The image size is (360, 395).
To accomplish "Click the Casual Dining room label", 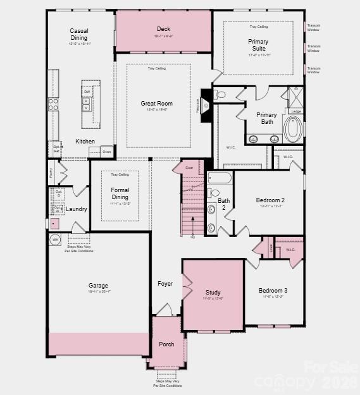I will [79, 34].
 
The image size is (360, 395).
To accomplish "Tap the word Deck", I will [163, 29].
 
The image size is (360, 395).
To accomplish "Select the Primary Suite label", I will [258, 46].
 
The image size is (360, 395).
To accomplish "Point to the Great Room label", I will [156, 104].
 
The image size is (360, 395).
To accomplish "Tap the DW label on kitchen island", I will [87, 92].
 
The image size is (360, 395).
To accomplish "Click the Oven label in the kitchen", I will [107, 152].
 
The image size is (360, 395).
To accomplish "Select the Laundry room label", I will [76, 209].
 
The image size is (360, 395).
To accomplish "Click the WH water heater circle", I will [55, 240].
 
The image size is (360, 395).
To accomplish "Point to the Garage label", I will [98, 286].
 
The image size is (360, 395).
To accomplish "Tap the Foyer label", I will [165, 284].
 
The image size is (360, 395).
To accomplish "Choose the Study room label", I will [213, 293].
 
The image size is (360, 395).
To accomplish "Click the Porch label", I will [166, 344].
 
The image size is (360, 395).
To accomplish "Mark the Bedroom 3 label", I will [273, 290].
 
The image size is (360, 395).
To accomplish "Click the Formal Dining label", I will [120, 193].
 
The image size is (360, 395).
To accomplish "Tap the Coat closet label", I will [189, 167].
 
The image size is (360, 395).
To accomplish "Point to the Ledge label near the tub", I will [295, 111].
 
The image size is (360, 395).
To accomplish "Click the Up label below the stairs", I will [192, 237].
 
